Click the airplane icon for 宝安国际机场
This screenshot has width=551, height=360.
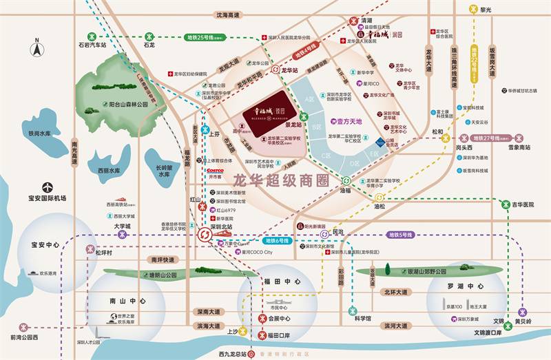point(47,187)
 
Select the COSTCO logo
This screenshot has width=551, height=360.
point(215,170)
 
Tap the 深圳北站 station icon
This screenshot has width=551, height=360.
point(205,235)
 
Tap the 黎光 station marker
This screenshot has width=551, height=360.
point(473,10)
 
